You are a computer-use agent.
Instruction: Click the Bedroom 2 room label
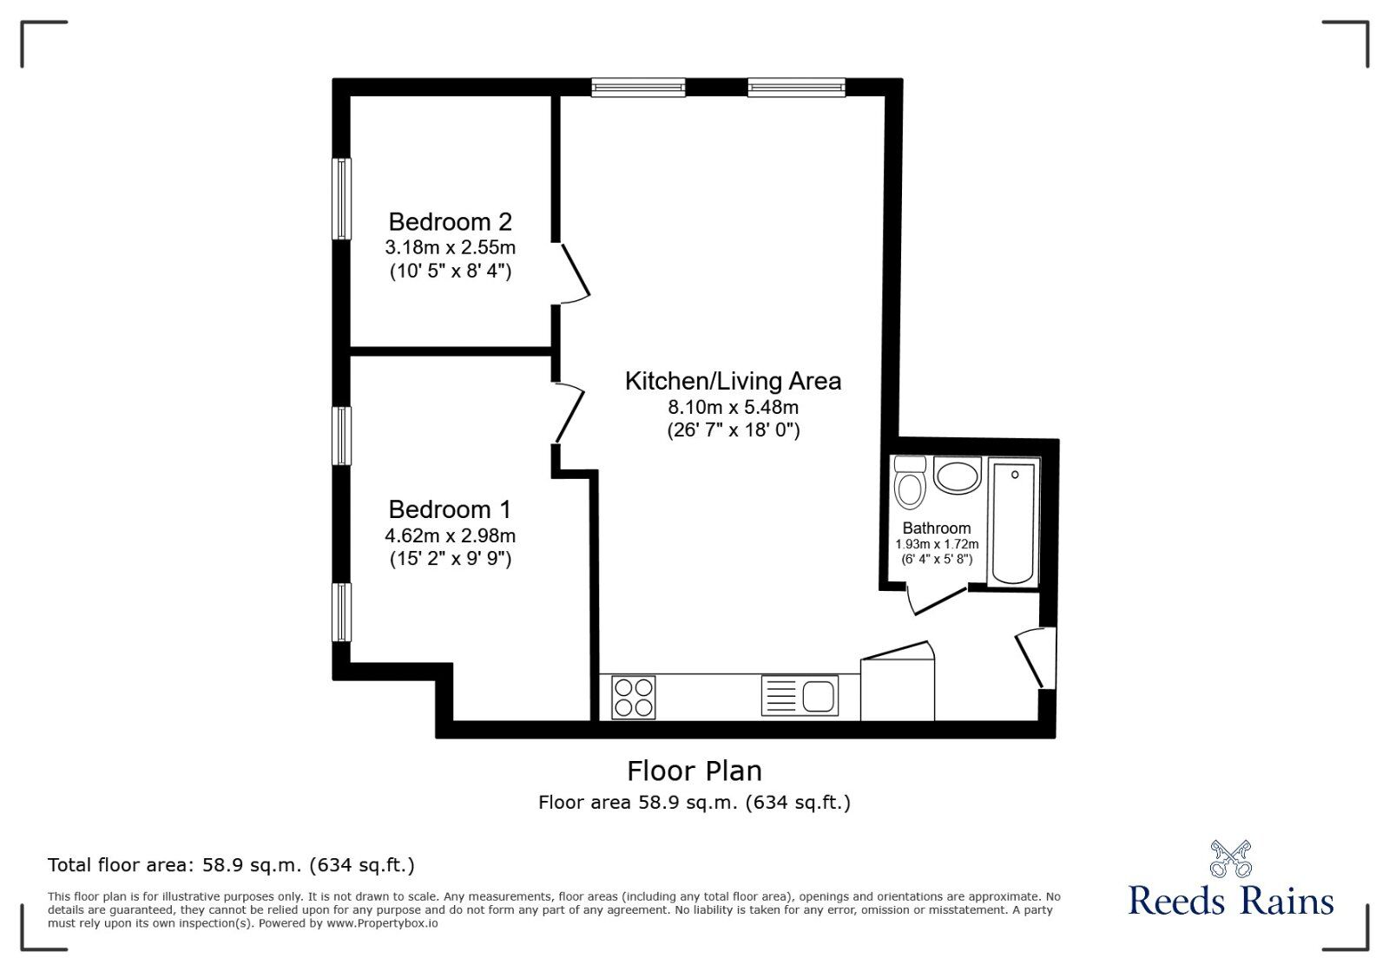pyautogui.click(x=451, y=221)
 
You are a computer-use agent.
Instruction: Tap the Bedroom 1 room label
pyautogui.click(x=451, y=509)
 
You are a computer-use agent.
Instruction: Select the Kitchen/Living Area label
pyautogui.click(x=733, y=381)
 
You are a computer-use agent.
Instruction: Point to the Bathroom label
pyautogui.click(x=937, y=528)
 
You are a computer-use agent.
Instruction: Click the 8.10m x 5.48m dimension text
pyautogui.click(x=733, y=407)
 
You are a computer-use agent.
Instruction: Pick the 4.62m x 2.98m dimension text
pyautogui.click(x=451, y=535)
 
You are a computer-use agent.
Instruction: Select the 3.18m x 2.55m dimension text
pyautogui.click(x=451, y=247)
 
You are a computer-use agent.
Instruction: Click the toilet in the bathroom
pyautogui.click(x=911, y=482)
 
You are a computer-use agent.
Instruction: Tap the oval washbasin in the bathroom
pyautogui.click(x=957, y=476)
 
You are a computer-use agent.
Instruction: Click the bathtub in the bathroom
pyautogui.click(x=1013, y=522)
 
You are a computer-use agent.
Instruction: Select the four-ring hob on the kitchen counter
pyautogui.click(x=633, y=698)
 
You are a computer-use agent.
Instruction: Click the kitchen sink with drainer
pyautogui.click(x=800, y=695)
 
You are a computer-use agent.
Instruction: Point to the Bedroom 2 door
pyautogui.click(x=573, y=273)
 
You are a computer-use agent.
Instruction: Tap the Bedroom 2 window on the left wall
pyautogui.click(x=342, y=199)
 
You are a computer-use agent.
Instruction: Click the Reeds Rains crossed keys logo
pyautogui.click(x=1231, y=858)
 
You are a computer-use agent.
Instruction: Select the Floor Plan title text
pyautogui.click(x=694, y=771)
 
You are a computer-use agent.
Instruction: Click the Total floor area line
pyautogui.click(x=231, y=865)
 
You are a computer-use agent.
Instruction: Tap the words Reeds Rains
pyautogui.click(x=1231, y=901)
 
